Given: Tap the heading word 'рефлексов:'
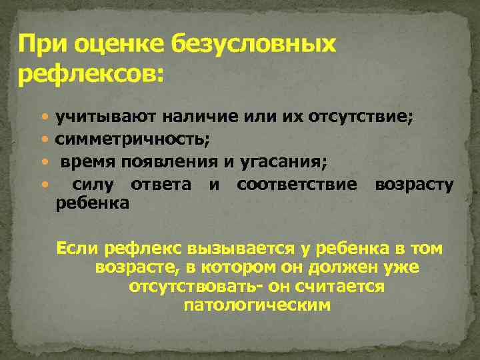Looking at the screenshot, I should [x=90, y=75].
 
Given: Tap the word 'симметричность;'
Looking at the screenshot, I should [x=133, y=139].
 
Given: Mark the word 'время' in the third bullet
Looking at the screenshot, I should [x=84, y=161].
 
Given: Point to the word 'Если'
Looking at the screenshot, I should [x=77, y=249].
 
